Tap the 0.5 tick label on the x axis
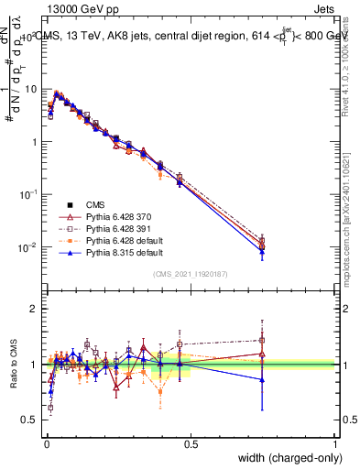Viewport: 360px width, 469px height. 191,444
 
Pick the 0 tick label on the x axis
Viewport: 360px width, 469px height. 46,444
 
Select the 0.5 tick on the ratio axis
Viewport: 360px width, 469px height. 31,420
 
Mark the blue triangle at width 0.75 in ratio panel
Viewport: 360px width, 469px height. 263,379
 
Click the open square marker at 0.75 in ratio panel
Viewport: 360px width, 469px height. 263,340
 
